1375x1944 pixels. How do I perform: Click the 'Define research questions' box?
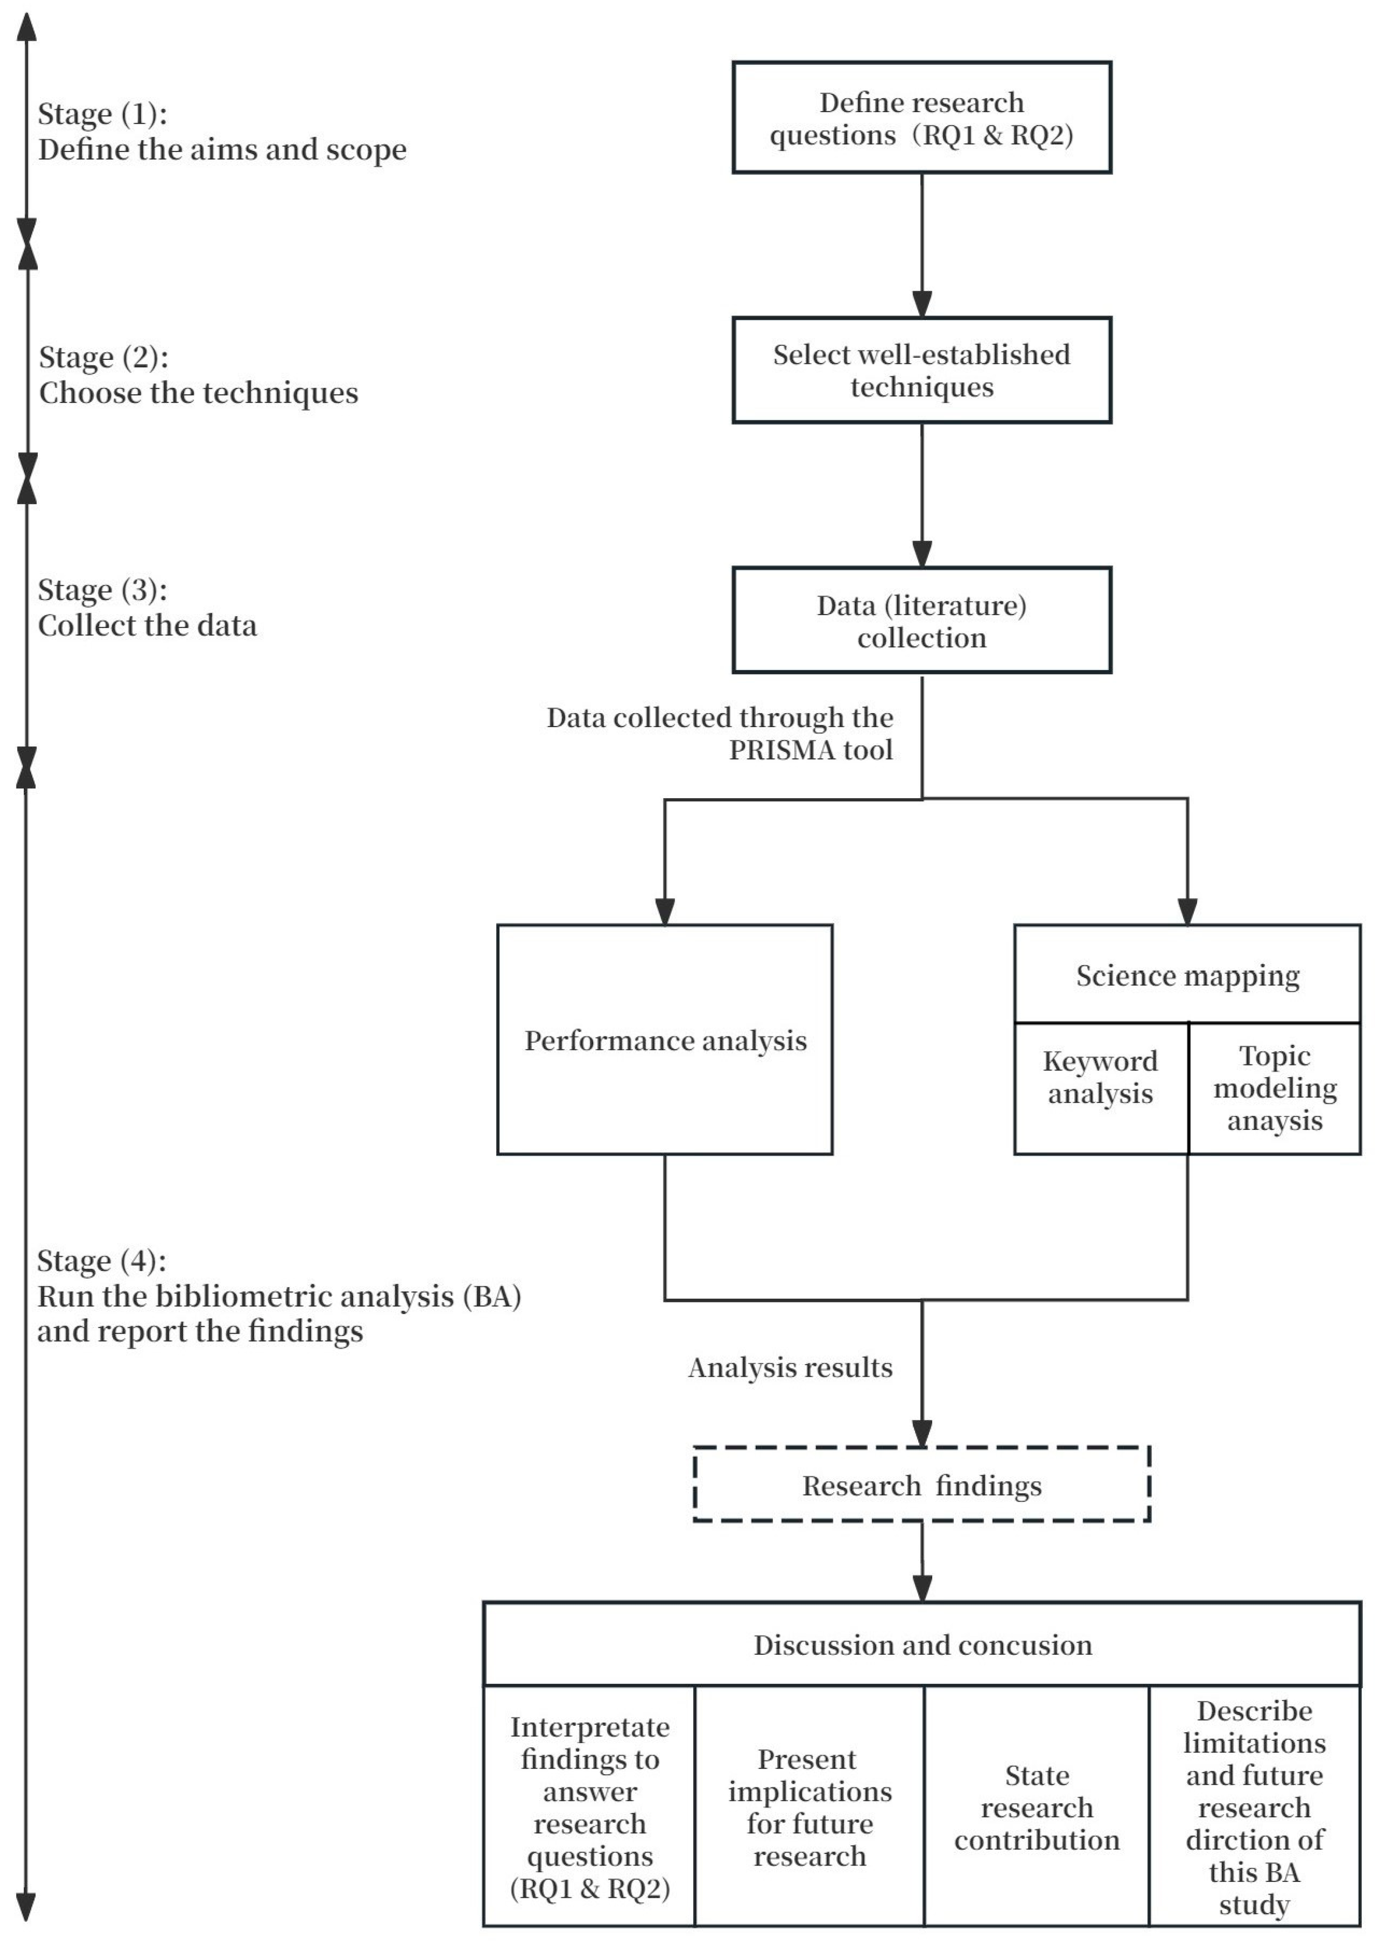click(921, 118)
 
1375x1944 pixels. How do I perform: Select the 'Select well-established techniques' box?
click(921, 370)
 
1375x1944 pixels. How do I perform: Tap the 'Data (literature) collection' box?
click(921, 621)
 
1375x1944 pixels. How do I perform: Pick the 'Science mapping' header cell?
click(1187, 975)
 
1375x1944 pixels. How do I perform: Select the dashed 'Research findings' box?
click(921, 1485)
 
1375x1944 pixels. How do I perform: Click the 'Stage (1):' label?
click(102, 114)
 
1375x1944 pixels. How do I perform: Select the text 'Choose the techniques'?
click(199, 393)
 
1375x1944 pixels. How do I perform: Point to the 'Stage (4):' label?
click(102, 1260)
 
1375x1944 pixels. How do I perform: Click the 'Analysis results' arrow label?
click(790, 1368)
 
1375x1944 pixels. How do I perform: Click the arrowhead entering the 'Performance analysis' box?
click(665, 911)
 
